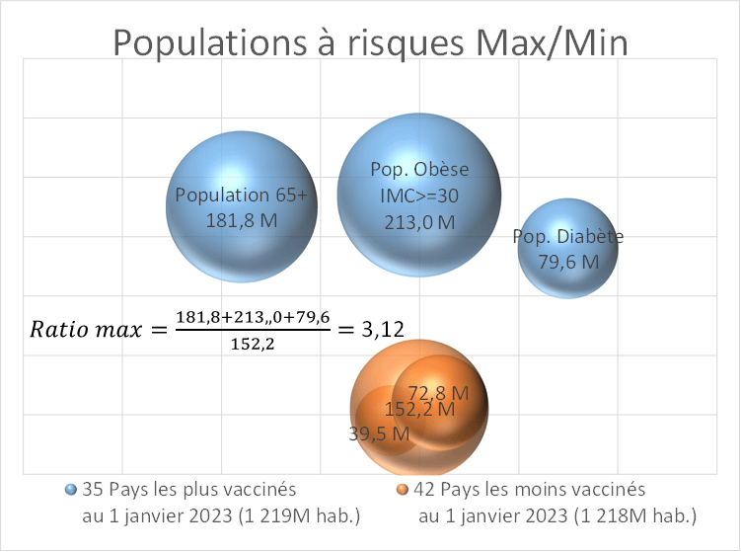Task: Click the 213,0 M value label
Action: pyautogui.click(x=419, y=222)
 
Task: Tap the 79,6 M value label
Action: pyautogui.click(x=569, y=262)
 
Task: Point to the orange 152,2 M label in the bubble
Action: pyautogui.click(x=419, y=409)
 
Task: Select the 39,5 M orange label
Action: pyautogui.click(x=379, y=433)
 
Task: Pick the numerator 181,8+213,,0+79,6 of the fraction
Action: pyautogui.click(x=253, y=316)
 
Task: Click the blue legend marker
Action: pyautogui.click(x=70, y=489)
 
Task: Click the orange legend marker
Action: pyautogui.click(x=403, y=489)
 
